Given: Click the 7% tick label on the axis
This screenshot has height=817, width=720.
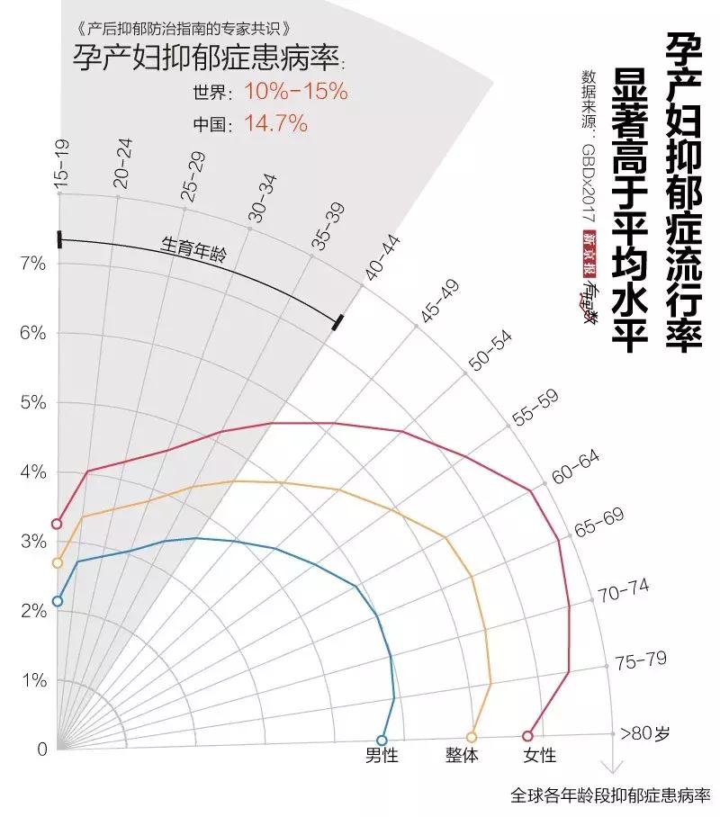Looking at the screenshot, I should [x=32, y=264].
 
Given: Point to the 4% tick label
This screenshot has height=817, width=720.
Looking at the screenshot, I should [x=32, y=471].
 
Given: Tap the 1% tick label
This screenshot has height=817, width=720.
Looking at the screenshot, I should [x=32, y=680].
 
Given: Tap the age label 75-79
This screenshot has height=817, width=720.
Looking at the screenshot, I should [x=641, y=660].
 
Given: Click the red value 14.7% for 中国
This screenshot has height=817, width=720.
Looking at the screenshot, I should [x=275, y=124].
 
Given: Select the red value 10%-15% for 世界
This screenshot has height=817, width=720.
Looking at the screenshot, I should [x=295, y=92].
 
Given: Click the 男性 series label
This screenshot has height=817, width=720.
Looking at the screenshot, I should [x=381, y=756].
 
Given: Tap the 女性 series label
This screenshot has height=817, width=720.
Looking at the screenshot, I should [x=539, y=756].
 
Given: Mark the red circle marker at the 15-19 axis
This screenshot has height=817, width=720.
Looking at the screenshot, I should [x=58, y=524].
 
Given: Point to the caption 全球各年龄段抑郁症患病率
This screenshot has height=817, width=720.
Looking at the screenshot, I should [x=611, y=795].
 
